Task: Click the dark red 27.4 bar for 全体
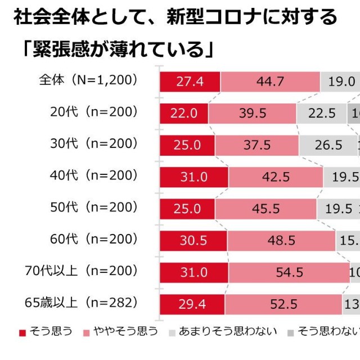190,82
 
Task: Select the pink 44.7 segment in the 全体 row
270,82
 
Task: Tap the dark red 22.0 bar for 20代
184,113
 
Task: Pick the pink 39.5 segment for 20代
253,113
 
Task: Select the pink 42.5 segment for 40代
276,177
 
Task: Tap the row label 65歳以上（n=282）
82,303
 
